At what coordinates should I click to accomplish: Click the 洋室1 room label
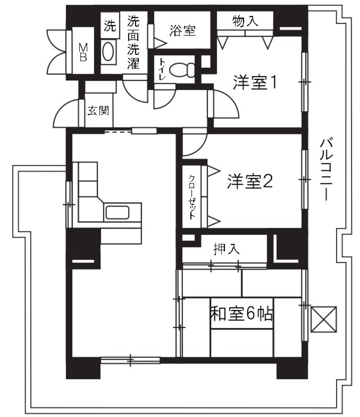(255, 83)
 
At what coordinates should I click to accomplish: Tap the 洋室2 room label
(249, 182)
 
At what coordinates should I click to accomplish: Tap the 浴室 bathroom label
(182, 30)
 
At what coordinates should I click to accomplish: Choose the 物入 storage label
(245, 21)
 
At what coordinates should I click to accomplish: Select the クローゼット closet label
(192, 197)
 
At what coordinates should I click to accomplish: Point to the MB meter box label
(83, 52)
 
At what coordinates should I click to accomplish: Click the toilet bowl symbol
(182, 69)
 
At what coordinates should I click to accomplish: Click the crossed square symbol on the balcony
(324, 319)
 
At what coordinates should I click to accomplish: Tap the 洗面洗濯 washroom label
(133, 42)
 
